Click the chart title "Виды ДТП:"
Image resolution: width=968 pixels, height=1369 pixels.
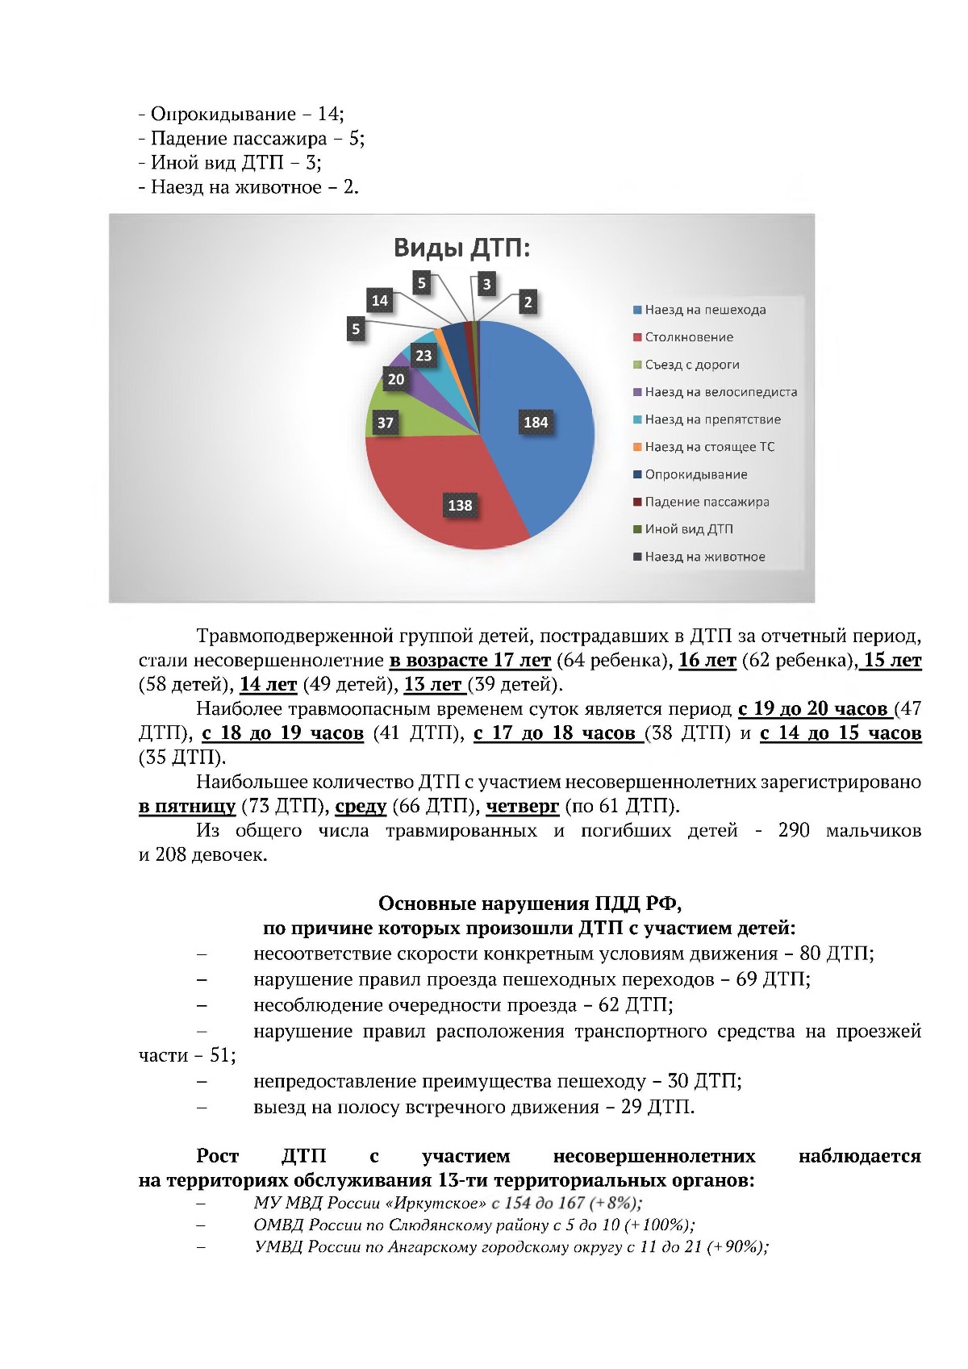coord(461,248)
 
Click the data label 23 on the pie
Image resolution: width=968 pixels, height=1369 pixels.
coord(423,355)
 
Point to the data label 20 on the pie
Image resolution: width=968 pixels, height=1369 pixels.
coord(395,379)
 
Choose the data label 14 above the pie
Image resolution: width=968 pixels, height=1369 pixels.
coord(379,301)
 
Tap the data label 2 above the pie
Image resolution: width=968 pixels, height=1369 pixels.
coord(528,303)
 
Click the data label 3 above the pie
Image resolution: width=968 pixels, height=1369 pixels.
coord(486,284)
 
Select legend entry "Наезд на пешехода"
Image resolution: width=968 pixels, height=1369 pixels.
coord(704,310)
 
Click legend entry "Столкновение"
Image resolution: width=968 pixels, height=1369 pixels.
coord(688,337)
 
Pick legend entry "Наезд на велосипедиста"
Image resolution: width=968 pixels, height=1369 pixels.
coord(720,392)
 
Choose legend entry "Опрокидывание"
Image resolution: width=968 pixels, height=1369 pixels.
coord(695,474)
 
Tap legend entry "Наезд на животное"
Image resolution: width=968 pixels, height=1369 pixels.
coord(704,557)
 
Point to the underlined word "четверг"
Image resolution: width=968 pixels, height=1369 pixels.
coord(522,806)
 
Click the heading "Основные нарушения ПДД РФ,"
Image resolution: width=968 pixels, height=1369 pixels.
coord(529,903)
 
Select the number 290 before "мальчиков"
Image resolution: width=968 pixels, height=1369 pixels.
coord(793,830)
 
